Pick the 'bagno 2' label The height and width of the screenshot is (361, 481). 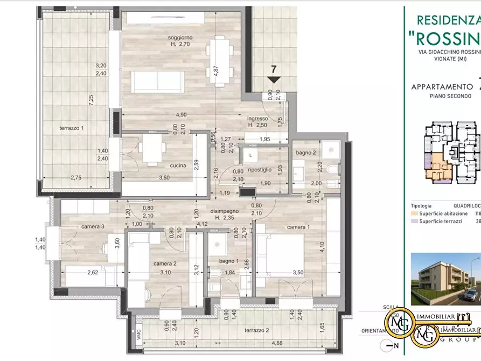coord(306,153)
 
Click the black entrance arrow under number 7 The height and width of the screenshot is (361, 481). coord(274,80)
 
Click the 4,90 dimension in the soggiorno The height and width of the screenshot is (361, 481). coord(180,115)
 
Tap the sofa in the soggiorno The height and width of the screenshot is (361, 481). coord(158,82)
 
